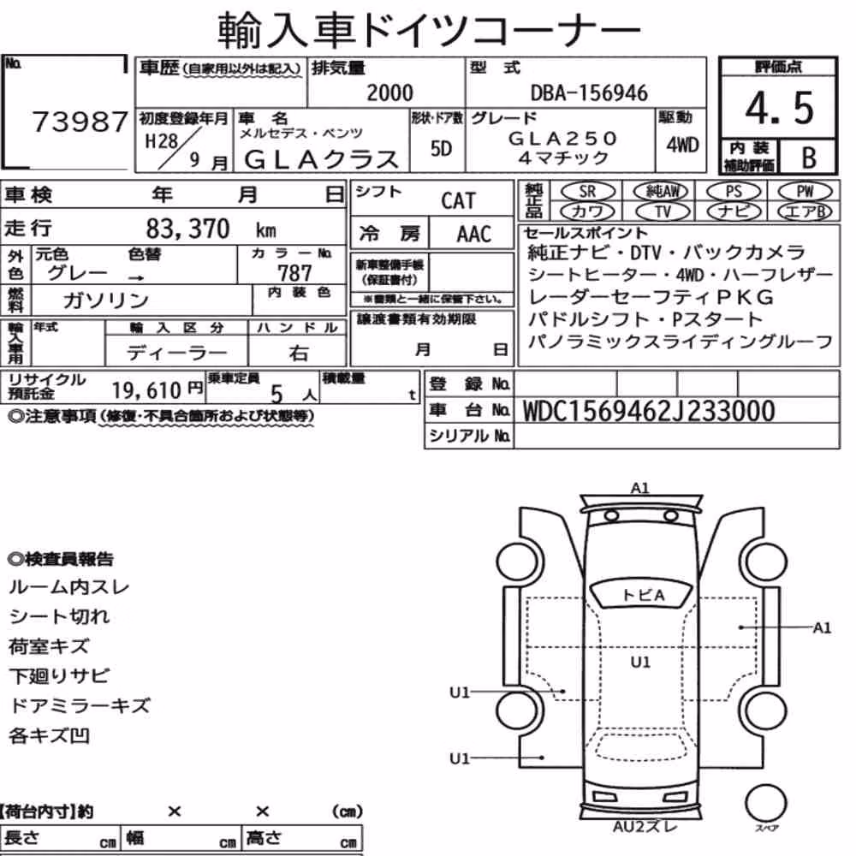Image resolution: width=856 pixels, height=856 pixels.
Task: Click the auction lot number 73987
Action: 80,122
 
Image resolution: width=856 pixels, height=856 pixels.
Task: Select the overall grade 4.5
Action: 779,108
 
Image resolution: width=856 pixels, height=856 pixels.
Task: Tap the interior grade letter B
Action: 809,158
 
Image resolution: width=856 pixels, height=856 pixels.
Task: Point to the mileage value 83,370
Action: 187,229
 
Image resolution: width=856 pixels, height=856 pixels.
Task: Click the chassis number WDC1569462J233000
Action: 649,411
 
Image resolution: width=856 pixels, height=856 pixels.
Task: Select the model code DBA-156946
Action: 589,93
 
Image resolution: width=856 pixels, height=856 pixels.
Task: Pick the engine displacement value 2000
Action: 389,92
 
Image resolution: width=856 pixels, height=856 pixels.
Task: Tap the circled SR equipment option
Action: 588,192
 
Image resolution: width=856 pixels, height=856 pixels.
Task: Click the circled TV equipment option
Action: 663,211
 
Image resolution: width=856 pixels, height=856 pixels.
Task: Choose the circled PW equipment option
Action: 805,191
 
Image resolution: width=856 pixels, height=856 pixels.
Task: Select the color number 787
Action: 294,272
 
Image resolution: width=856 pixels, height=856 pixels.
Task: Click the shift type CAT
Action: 458,201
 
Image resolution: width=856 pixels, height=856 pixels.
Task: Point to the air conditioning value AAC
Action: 474,235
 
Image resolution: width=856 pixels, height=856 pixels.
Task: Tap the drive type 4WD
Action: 682,145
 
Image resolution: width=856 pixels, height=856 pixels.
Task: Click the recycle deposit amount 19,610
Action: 146,390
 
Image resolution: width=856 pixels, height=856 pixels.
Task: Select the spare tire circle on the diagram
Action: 765,803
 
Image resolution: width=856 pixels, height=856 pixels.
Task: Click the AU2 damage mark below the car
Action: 645,827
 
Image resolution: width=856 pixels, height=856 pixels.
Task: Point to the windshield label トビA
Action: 643,595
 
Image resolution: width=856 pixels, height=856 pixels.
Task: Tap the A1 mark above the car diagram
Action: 639,488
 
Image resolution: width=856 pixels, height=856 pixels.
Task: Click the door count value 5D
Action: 441,148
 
